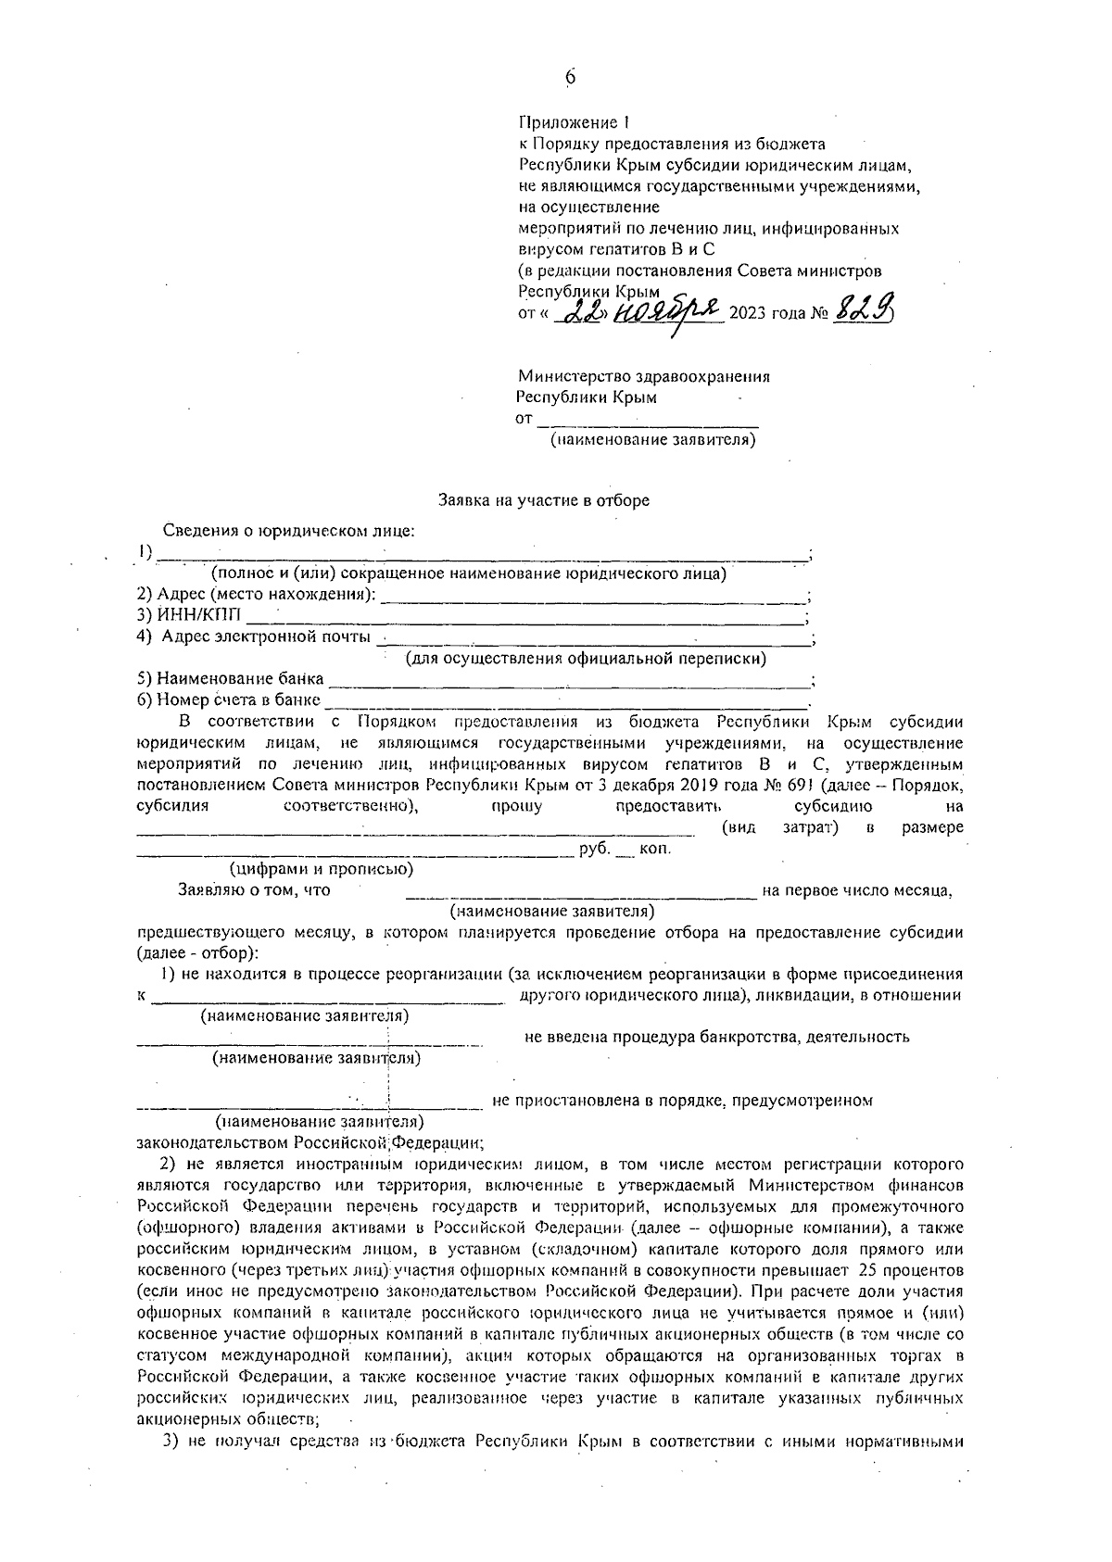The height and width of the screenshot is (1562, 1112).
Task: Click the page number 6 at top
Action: coord(571,79)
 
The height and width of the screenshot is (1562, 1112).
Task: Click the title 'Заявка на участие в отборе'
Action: coord(544,500)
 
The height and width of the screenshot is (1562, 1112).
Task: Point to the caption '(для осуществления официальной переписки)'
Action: coord(586,659)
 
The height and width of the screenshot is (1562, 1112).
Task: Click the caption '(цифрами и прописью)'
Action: coord(322,869)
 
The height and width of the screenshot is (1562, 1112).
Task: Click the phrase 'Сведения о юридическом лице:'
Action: coord(288,531)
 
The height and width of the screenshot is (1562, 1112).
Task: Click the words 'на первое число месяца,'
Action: coord(857,891)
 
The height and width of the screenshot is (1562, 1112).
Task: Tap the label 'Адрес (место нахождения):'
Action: coord(256,594)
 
